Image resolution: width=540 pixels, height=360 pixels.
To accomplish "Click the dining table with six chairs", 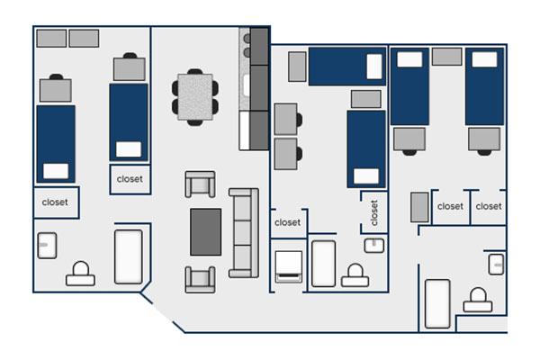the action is tap(195, 97).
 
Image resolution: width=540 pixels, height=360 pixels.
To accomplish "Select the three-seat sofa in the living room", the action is tap(244, 233).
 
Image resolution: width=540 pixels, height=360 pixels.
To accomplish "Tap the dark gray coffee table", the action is tap(205, 232).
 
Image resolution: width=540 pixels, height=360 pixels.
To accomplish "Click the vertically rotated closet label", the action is tap(374, 213).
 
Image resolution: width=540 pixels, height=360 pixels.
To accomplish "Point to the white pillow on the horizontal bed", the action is tap(374, 67).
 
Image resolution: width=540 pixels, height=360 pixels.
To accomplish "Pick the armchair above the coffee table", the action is tap(200, 184).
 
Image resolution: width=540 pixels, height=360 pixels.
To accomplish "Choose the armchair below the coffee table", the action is tap(200, 279).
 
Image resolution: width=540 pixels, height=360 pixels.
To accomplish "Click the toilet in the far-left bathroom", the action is tap(81, 274).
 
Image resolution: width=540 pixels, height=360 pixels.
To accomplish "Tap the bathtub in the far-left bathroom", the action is tap(129, 257).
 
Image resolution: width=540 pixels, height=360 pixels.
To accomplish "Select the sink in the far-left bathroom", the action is tap(47, 246).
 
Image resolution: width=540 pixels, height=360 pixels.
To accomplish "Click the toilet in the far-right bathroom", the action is tap(478, 300).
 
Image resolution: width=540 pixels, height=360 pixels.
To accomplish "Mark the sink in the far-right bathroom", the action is tap(496, 265).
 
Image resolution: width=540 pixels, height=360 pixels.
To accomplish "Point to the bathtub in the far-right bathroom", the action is tap(437, 304).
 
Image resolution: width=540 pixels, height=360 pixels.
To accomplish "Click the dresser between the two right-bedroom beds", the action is tap(447, 57).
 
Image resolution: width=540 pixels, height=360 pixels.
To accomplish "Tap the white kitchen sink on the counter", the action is tap(246, 85).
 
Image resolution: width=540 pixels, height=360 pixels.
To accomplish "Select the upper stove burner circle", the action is tap(247, 39).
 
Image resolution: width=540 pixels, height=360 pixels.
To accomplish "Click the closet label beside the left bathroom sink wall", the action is tap(55, 202).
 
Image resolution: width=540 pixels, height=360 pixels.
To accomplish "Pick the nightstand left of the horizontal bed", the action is tap(297, 67).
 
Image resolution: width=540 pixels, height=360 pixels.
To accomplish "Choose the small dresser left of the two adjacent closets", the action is tap(419, 207).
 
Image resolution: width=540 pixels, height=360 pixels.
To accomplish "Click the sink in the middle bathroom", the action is tap(374, 246).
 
